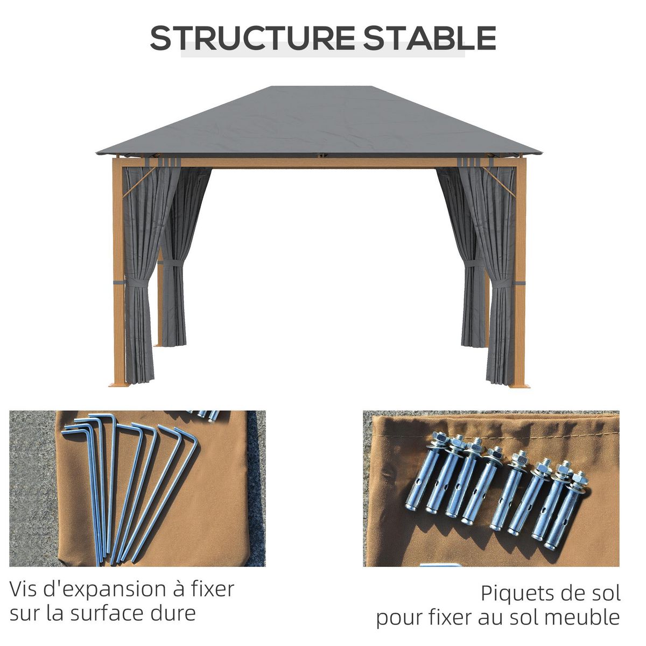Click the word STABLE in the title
tap(429, 38)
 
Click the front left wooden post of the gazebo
tap(118, 269)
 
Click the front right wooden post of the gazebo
tap(520, 269)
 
